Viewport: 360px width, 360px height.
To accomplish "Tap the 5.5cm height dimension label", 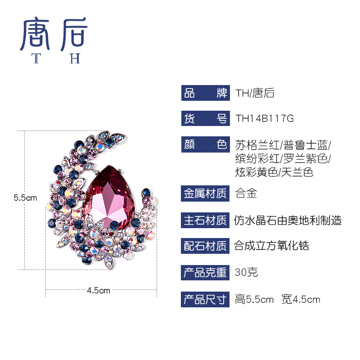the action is (x=25, y=198).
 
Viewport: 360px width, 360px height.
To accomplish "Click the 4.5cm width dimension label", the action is (x=98, y=290).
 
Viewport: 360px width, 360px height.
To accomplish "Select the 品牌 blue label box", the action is (x=205, y=93).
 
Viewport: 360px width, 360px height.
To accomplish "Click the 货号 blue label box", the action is (x=205, y=119).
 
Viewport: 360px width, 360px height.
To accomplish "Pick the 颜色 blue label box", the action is (x=205, y=145).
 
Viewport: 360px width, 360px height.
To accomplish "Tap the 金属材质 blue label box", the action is (x=205, y=194).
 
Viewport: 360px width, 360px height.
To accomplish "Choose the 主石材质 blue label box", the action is (x=205, y=220).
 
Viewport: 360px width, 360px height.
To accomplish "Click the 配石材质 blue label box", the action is (x=205, y=246).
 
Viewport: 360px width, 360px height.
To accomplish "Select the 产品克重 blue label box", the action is (x=205, y=272).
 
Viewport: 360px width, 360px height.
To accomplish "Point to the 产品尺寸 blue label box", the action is (x=205, y=299).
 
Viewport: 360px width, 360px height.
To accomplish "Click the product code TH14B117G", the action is (x=265, y=119).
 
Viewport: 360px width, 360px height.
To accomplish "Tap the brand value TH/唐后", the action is (x=255, y=93).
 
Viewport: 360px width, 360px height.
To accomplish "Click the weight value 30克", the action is (x=246, y=272).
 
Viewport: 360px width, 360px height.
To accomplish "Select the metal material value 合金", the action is (x=246, y=194).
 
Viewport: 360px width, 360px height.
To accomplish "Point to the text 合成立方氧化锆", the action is (x=272, y=246).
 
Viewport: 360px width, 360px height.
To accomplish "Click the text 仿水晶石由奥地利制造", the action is (x=288, y=220).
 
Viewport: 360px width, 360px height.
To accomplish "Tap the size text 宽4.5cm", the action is (x=301, y=299).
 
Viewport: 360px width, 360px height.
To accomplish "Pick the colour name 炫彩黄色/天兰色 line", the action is (x=274, y=172).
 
